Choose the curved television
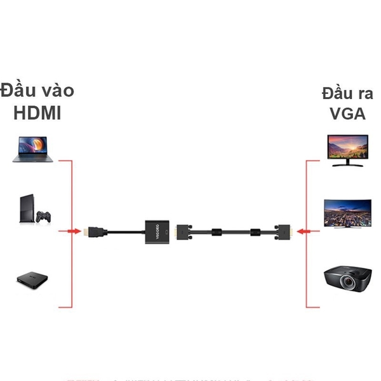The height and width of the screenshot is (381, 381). pyautogui.click(x=346, y=213)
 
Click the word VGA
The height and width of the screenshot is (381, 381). pyautogui.click(x=347, y=114)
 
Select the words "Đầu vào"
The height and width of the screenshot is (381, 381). pyautogui.click(x=37, y=90)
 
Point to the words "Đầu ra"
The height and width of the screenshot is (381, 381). pyautogui.click(x=347, y=93)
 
